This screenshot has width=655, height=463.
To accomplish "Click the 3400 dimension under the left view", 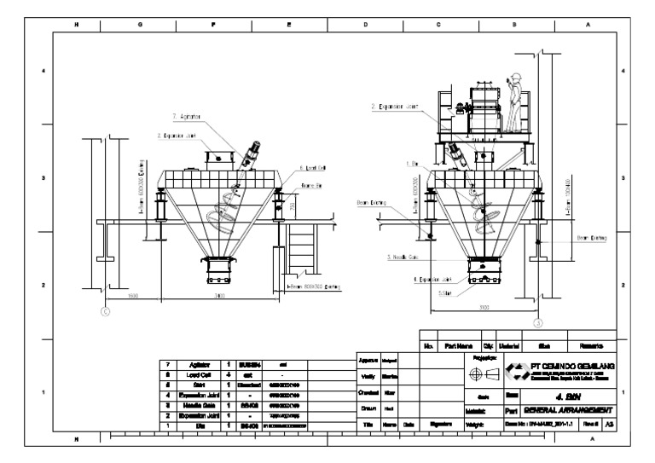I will (218, 296).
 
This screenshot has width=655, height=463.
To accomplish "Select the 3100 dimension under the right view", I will (484, 306).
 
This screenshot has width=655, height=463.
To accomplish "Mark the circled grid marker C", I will (105, 311).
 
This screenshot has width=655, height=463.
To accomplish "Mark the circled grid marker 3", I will (537, 322).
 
